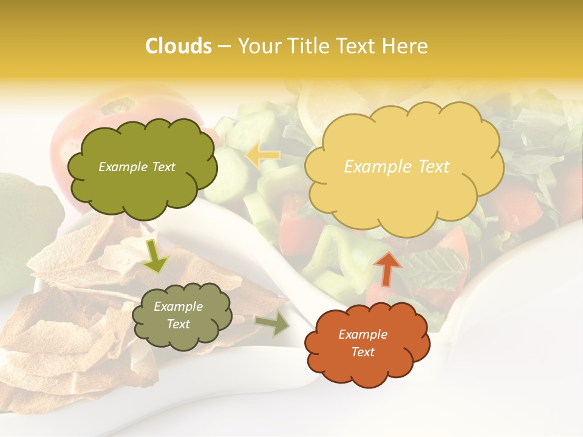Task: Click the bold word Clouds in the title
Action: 178,46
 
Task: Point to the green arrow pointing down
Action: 155,256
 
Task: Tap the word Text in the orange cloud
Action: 363,352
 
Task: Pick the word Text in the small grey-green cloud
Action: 178,325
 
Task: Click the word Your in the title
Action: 258,46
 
